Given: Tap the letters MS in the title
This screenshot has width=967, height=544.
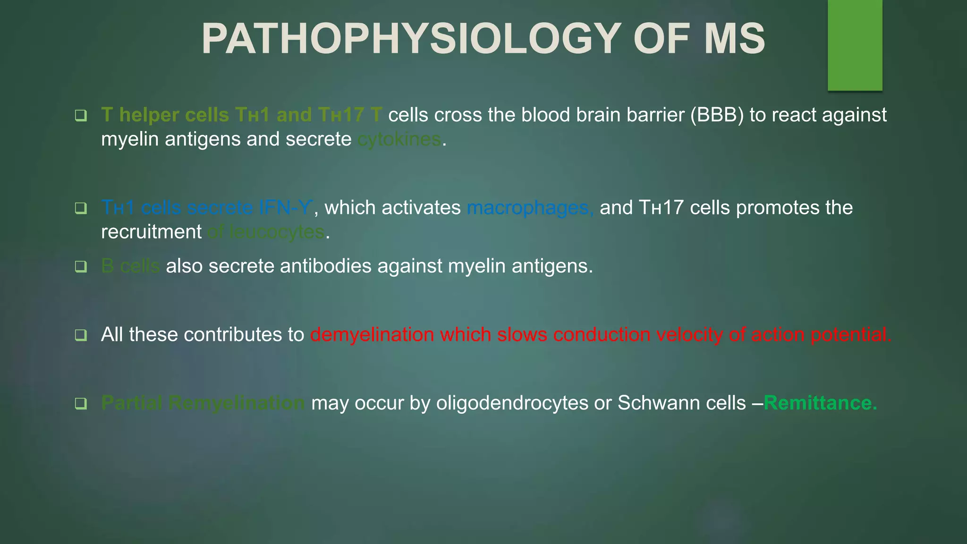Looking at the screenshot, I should coord(734,39).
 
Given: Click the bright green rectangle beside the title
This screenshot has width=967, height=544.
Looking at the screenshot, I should coord(855,45).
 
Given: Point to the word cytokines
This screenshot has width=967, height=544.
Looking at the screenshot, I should coord(399,140).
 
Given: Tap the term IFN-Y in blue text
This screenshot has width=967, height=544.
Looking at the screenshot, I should coord(285,208).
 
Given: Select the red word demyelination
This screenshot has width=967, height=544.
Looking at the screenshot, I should coord(372,335).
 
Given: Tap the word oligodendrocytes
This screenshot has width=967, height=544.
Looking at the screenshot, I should coord(512,403).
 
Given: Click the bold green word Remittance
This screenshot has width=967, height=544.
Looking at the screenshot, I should coord(820,403).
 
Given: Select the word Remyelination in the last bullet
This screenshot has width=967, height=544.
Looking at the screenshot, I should coord(237,403).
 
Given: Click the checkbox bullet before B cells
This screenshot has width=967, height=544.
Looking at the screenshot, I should coord(81,267).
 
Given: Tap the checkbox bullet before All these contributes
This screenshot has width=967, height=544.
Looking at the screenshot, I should coord(81,335).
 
